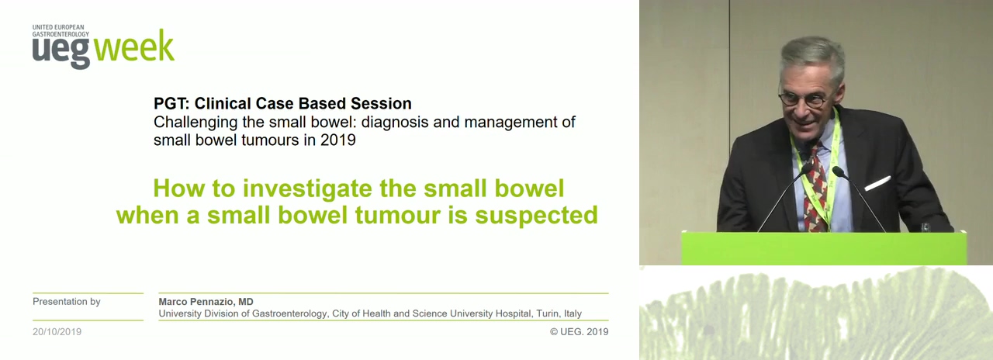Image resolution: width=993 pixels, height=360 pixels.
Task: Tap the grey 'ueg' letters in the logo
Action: tap(61, 51)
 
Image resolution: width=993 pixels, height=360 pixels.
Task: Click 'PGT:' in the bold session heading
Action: tap(171, 103)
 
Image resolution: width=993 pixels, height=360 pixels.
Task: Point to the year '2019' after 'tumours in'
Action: tap(337, 140)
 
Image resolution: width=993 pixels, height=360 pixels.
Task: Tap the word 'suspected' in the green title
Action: tap(536, 216)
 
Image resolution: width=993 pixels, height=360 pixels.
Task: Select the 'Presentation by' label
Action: tap(67, 302)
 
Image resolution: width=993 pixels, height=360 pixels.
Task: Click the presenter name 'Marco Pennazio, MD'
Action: tap(206, 302)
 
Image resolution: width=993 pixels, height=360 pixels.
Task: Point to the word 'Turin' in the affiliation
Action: tap(548, 313)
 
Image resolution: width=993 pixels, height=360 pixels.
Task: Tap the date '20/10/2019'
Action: tap(57, 331)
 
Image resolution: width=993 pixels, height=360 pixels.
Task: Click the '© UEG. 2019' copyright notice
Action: tap(579, 331)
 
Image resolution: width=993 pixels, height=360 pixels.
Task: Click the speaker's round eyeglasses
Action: tap(803, 99)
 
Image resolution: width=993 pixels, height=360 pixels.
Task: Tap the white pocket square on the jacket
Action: tap(877, 183)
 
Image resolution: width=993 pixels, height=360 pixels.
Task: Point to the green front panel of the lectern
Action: tap(824, 248)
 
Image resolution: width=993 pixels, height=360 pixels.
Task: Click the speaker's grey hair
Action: tap(814, 57)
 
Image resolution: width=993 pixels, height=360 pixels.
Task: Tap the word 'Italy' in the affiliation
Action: tap(573, 313)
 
